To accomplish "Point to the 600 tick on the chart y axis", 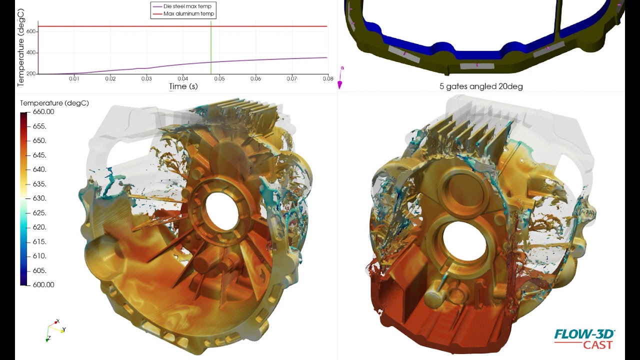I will click(31, 31).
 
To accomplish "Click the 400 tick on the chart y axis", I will click(31, 52).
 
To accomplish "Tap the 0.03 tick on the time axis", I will click(146, 78).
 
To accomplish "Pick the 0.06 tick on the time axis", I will click(255, 78).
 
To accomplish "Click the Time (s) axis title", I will click(183, 86).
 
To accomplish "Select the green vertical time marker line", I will click(211, 50).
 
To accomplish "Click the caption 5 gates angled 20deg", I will click(481, 86).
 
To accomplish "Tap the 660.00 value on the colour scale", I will click(43, 112).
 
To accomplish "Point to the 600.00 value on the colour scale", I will click(43, 284).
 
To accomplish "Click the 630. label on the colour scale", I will click(39, 198).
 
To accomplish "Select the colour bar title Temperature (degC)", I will click(54, 103).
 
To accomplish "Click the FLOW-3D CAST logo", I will click(584, 339).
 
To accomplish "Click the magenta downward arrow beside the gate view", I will click(340, 84).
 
